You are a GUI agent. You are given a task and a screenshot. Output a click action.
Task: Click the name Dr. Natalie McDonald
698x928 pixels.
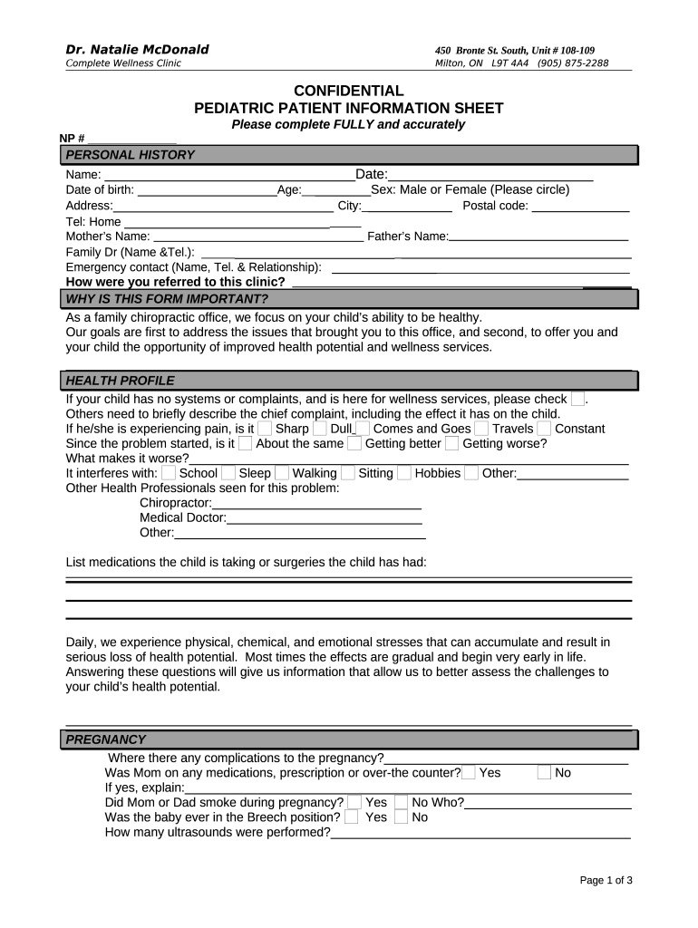coord(137,49)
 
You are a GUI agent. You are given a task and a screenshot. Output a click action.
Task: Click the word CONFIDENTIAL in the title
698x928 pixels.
coord(349,92)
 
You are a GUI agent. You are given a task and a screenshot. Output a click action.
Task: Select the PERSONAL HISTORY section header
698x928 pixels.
coord(130,155)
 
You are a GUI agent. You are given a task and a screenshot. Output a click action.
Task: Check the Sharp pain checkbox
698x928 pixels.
coord(265,429)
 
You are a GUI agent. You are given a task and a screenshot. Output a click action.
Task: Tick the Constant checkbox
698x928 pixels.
coord(544,429)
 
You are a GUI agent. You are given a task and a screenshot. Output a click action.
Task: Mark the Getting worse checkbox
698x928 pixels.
coord(451,444)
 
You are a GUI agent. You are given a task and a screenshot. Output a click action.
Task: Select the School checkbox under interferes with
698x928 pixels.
coord(169,473)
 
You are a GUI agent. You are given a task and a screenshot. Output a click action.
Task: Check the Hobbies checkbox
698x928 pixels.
coord(403,473)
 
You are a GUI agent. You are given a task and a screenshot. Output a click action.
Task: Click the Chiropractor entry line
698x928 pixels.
coord(316,503)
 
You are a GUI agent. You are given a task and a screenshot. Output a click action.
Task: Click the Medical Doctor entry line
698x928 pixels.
coord(324,518)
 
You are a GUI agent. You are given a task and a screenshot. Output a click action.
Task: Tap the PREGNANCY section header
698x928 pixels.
coord(106,739)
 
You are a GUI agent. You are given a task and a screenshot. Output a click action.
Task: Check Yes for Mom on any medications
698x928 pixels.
coord(469,773)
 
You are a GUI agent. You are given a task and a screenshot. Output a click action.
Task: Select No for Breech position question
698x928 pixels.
coord(401,817)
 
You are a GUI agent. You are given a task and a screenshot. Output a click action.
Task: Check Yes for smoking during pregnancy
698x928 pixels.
coord(354,803)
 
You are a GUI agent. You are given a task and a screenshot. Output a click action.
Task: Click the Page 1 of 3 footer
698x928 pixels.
coord(606,881)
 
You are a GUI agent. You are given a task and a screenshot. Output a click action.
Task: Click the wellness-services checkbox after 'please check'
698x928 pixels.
coord(577,400)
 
